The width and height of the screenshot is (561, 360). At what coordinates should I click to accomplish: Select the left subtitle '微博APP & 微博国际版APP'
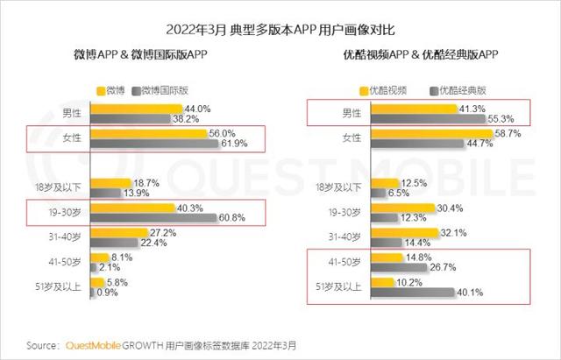tap(140, 54)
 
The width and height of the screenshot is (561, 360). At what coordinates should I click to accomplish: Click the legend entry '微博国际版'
tap(165, 90)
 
